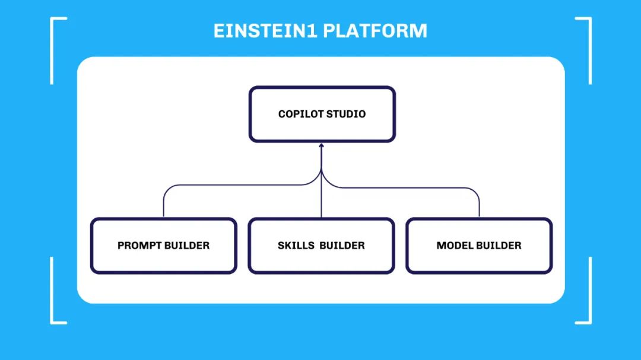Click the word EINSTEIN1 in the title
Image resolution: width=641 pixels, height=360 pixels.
265,31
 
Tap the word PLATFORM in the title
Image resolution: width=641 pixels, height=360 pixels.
375,31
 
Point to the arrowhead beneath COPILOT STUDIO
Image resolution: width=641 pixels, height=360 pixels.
321,145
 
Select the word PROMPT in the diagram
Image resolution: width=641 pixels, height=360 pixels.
139,246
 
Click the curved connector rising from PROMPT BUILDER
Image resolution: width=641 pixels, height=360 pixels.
241,185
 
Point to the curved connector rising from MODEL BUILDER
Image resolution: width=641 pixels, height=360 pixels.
405,188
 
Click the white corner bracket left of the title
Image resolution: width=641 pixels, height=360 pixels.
52,49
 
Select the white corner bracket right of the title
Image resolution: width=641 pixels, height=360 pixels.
591,49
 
